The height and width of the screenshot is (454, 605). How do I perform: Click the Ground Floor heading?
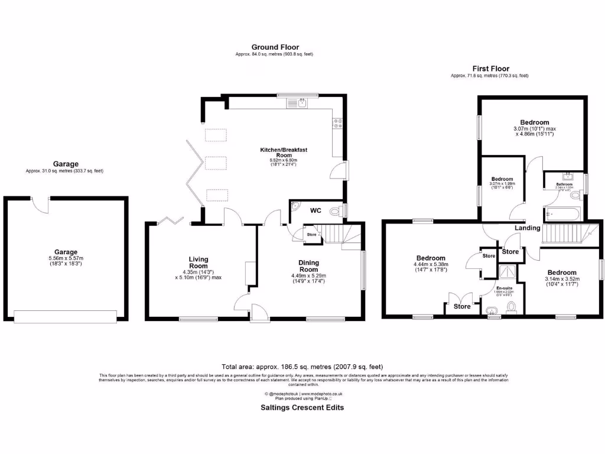coord(275,47)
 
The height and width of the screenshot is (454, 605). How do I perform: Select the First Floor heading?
coord(490,69)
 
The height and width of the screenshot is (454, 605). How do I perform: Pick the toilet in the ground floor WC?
coord(336,210)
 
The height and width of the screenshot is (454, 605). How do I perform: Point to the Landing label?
coord(527,228)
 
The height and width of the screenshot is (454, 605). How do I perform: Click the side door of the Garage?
coord(41,204)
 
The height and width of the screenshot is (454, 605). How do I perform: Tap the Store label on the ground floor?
coord(311,235)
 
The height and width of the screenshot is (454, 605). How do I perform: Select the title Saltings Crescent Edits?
coord(302,407)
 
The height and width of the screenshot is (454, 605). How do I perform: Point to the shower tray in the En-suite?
coord(506,271)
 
